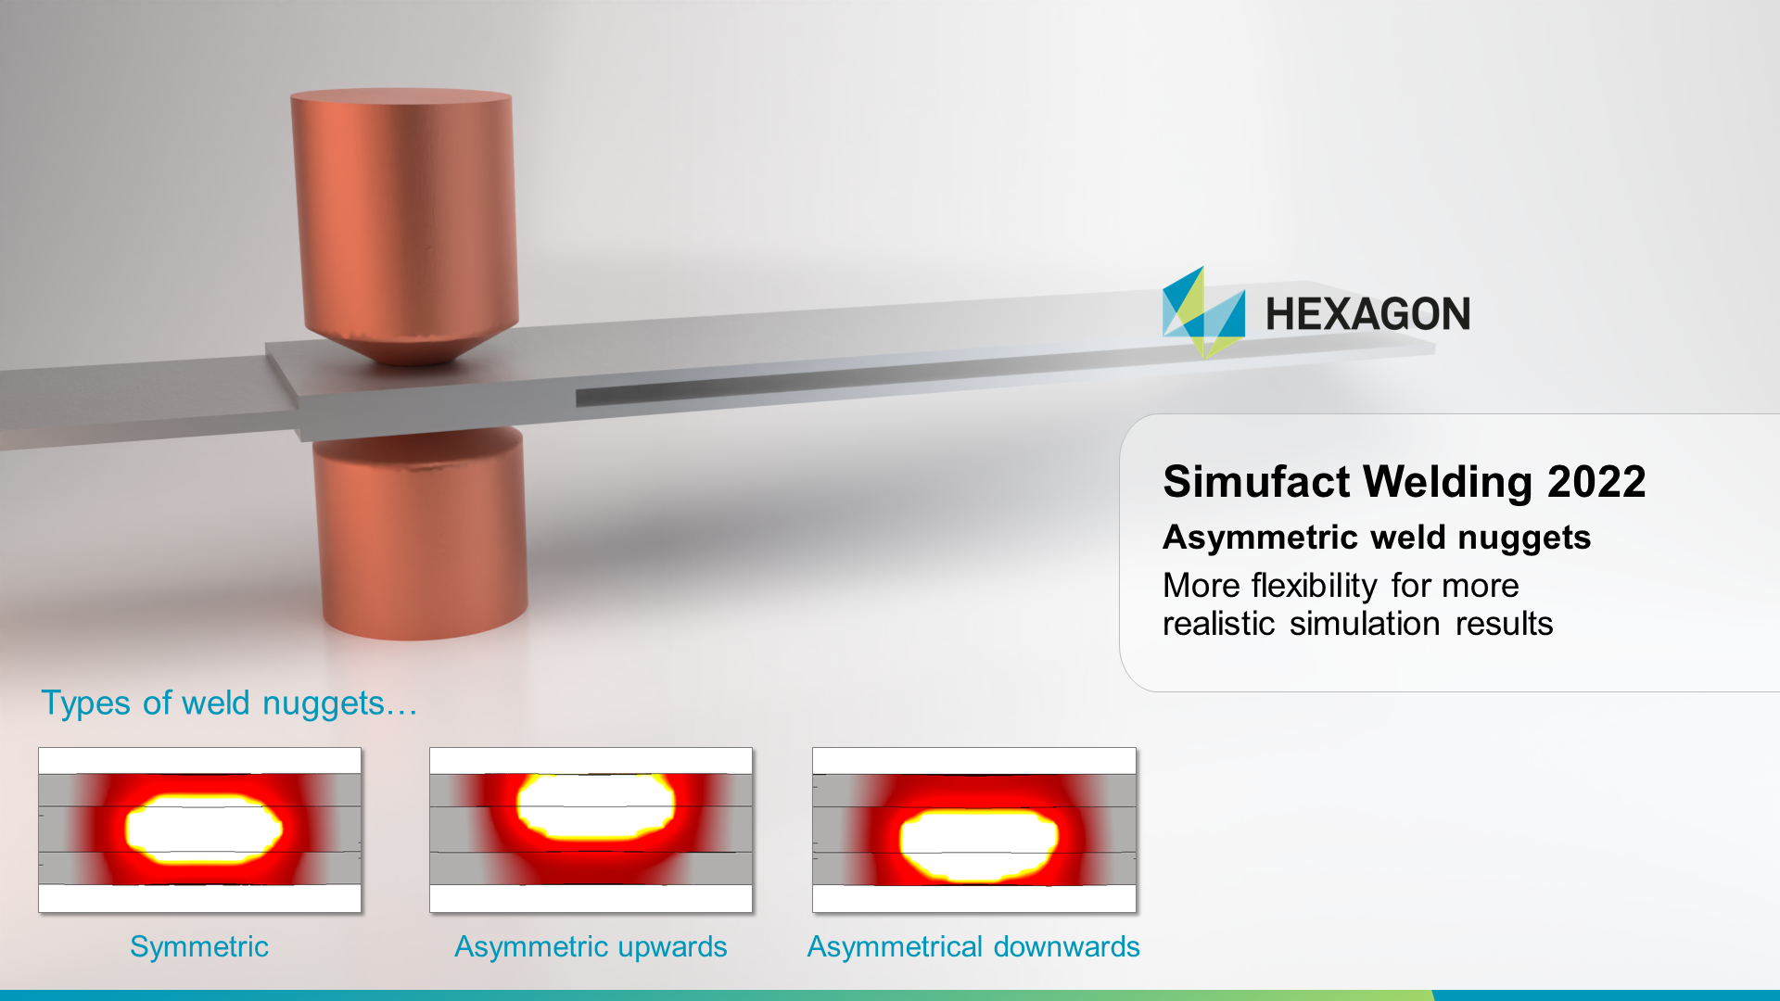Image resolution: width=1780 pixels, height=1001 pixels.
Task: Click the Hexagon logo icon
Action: click(x=1203, y=313)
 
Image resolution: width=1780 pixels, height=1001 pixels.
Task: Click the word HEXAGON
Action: click(x=1367, y=314)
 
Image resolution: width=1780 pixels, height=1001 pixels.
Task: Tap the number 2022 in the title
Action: click(x=1596, y=482)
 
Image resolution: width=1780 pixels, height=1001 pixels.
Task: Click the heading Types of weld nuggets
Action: click(x=229, y=703)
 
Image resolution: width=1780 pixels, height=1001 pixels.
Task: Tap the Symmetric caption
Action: click(x=199, y=946)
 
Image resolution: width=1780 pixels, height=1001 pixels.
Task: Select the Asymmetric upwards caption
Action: click(x=591, y=946)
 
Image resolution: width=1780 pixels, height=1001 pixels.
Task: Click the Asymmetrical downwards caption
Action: click(x=973, y=946)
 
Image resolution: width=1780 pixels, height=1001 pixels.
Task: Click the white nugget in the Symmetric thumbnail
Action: click(x=203, y=829)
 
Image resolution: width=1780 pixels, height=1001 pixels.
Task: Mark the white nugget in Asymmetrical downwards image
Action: click(x=977, y=844)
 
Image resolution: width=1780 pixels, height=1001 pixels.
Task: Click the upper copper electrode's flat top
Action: click(x=400, y=95)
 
